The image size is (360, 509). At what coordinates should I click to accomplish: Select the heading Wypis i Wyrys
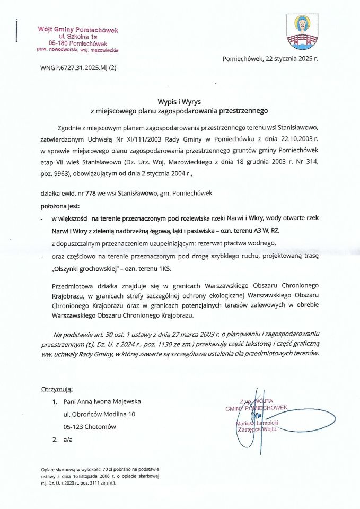pyautogui.click(x=180, y=101)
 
